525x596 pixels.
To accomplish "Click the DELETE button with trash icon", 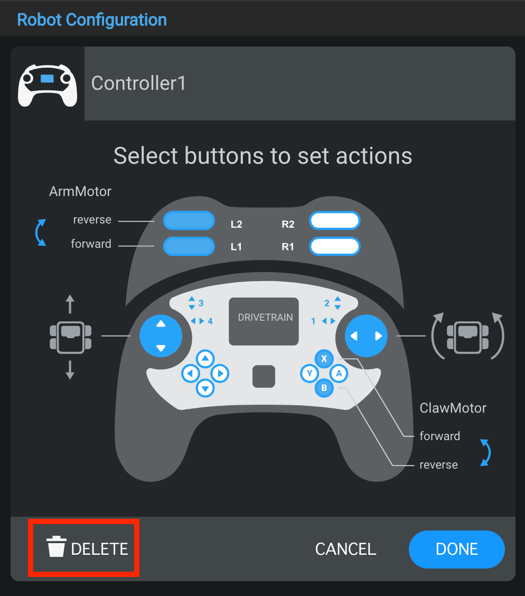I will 87,548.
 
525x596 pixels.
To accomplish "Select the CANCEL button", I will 345,549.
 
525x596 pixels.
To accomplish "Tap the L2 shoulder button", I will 189,221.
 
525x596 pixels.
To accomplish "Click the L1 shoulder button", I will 189,246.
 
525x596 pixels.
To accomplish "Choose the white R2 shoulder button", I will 335,221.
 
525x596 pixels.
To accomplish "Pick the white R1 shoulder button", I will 335,246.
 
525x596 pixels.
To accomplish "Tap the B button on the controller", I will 324,389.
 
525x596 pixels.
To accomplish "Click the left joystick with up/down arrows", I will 161,336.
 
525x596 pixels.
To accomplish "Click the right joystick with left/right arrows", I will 366,336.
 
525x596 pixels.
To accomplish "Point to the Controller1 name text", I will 138,83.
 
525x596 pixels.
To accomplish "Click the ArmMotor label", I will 80,191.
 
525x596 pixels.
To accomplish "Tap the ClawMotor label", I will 453,408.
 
